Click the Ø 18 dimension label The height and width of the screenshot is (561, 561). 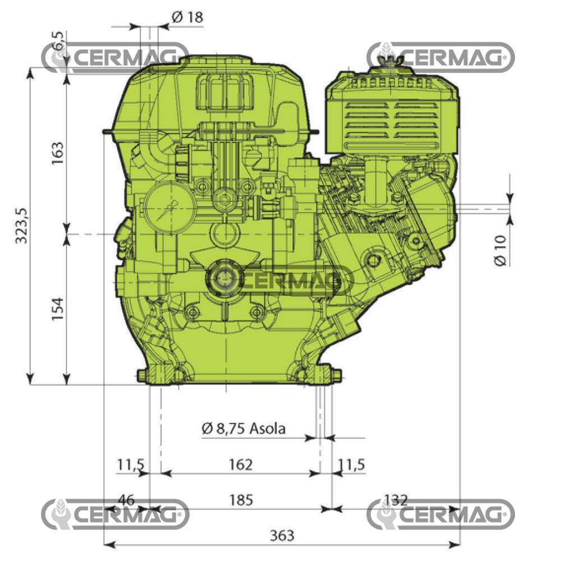187,17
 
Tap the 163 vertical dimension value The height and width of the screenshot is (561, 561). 58,150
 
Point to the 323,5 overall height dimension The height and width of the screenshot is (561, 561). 22,224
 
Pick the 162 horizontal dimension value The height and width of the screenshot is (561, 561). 241,465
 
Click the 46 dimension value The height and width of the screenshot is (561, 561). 126,499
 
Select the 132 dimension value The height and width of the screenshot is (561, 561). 395,499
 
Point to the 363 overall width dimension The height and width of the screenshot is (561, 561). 282,535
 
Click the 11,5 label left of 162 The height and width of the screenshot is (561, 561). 131,465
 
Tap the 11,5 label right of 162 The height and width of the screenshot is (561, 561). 352,465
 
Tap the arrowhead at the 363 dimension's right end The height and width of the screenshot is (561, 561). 456,544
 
